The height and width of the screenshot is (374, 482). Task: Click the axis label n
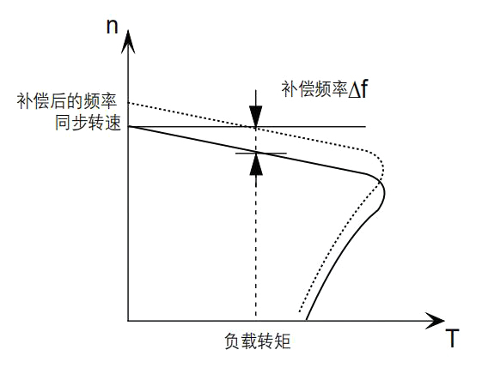(x=113, y=27)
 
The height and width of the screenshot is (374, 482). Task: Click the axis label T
(x=452, y=338)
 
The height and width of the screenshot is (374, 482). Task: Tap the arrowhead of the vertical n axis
(x=128, y=42)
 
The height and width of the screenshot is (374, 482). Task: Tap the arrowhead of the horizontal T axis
(x=435, y=321)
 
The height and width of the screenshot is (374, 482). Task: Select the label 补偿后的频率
(x=67, y=100)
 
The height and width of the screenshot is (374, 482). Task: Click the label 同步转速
(x=88, y=123)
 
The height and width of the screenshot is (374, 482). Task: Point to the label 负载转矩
(x=258, y=341)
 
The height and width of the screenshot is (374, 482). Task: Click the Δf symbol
(x=357, y=89)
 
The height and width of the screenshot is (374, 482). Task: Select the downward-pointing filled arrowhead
(x=256, y=117)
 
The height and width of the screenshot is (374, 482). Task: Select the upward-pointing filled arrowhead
(x=256, y=164)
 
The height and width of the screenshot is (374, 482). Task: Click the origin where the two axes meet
(x=128, y=321)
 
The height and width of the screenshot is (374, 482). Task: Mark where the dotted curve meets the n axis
(x=129, y=102)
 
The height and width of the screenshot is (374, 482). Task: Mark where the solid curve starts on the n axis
(x=129, y=126)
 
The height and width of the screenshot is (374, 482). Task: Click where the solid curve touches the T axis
(x=306, y=321)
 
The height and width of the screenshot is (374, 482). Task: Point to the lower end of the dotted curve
(x=300, y=311)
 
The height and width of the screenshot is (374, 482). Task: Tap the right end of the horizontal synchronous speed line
(x=366, y=126)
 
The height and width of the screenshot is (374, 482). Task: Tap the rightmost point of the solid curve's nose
(x=385, y=193)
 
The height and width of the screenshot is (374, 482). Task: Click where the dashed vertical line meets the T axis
(x=256, y=321)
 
